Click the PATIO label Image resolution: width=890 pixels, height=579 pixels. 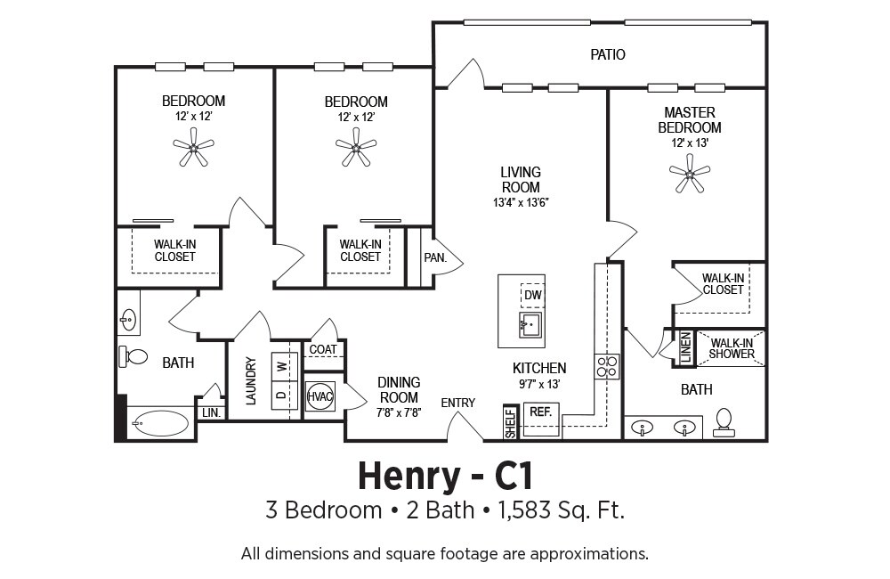tap(607, 54)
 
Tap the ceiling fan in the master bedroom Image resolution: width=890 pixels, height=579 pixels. tap(690, 174)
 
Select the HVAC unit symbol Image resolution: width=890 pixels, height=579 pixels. tap(320, 396)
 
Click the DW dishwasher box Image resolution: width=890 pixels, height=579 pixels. tap(533, 295)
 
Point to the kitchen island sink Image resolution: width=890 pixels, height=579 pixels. tap(530, 325)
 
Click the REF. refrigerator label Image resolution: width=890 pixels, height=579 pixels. tap(541, 412)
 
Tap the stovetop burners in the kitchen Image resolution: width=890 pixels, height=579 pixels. tap(607, 366)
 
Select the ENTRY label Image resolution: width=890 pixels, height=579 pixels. tap(458, 403)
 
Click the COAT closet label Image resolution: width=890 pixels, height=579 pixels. tap(323, 349)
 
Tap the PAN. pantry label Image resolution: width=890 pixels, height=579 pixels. tap(435, 257)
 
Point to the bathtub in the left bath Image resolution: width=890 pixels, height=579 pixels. tap(160, 423)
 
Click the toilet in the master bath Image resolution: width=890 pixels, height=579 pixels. tap(724, 423)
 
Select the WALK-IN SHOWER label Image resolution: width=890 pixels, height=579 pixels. tap(732, 348)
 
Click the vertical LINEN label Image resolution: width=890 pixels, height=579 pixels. tap(685, 347)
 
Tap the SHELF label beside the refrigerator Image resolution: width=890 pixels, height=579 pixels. tap(510, 423)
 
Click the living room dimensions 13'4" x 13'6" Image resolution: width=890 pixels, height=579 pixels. tap(521, 202)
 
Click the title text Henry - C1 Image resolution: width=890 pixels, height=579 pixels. tap(446, 477)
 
